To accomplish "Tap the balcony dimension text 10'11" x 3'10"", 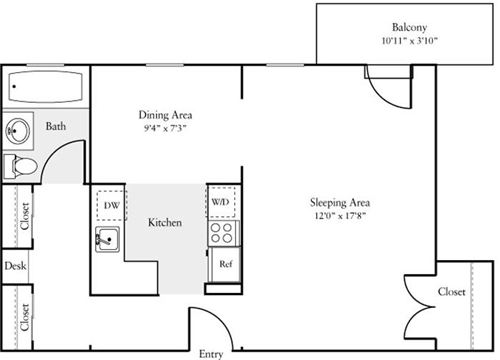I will click(409, 42).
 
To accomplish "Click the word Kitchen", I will click(164, 222).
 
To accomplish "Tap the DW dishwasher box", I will click(109, 205).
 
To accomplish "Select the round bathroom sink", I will click(18, 129).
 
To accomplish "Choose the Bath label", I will click(56, 127).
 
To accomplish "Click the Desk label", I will click(14, 266).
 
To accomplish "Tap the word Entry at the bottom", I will click(210, 354).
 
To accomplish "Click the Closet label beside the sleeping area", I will click(450, 292).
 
